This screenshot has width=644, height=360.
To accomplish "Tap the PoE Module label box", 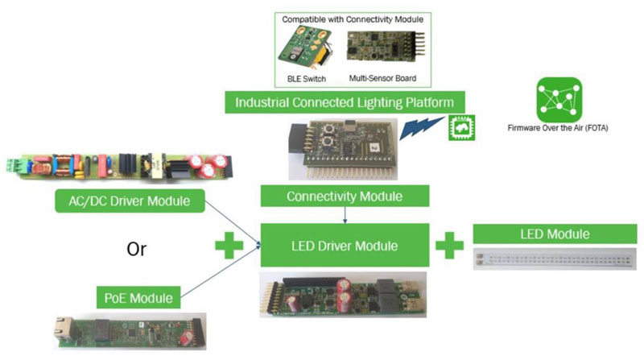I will pos(138,297).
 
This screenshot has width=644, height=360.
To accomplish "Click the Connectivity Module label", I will pos(345,195).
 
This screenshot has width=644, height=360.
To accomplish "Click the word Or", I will pos(136,248).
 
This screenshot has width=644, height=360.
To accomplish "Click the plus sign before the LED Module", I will pos(450,245).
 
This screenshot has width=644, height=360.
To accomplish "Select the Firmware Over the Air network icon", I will pos(559,99).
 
